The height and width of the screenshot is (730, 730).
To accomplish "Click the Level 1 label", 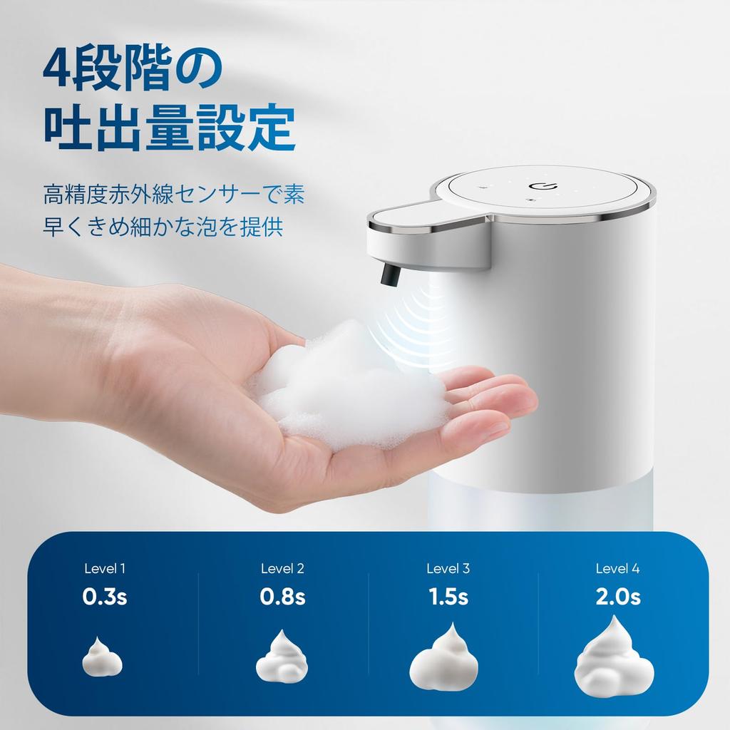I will (105, 569).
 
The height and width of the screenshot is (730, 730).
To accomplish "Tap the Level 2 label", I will (282, 569).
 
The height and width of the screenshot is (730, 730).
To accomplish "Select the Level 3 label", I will (448, 569).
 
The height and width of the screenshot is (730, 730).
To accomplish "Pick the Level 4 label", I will (617, 569).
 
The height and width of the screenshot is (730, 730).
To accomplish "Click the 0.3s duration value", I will (105, 597).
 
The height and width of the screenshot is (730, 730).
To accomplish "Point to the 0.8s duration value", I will (282, 597).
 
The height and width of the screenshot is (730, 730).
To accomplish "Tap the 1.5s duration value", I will (448, 597).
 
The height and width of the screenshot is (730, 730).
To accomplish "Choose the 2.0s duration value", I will (618, 597).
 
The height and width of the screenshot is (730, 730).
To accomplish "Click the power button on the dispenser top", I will (539, 187).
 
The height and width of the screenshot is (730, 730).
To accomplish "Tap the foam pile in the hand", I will (349, 389).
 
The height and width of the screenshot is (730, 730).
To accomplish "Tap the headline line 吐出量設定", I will (169, 129).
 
